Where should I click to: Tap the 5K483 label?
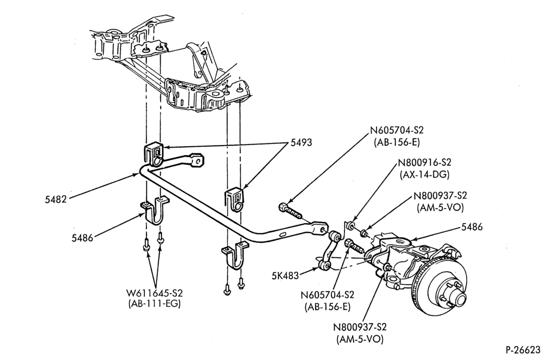pos(286,276)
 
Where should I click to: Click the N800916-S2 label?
pos(425,163)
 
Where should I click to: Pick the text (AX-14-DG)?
pos(425,175)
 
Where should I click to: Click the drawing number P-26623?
pos(523,349)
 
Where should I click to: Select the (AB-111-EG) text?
pos(155,304)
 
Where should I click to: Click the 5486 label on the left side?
pos(83,238)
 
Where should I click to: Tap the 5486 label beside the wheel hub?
pos(472,227)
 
